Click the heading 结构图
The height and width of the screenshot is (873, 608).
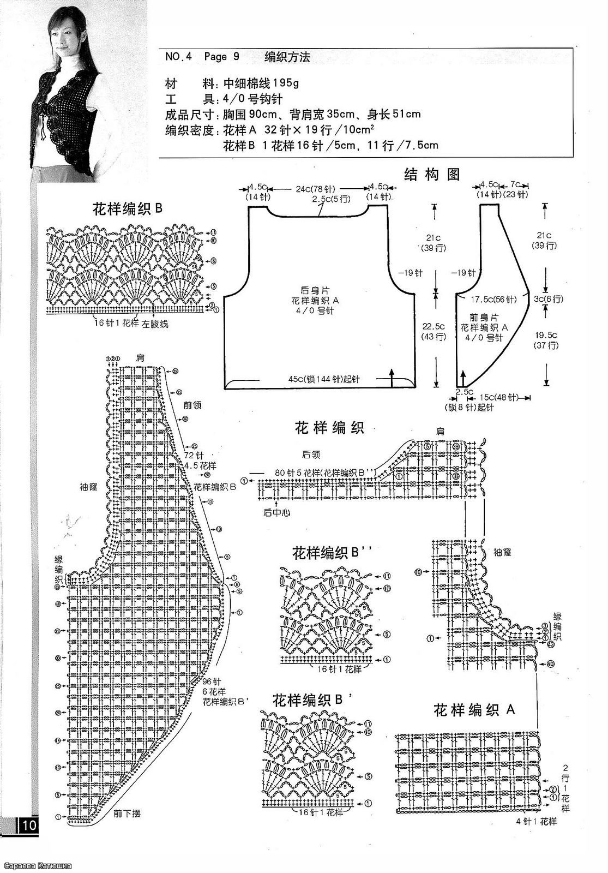pos(432,175)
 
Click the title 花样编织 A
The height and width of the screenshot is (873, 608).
pos(474,710)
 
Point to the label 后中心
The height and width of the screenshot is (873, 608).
pos(276,512)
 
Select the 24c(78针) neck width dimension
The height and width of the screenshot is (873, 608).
pos(316,189)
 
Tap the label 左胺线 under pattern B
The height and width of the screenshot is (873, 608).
pos(155,324)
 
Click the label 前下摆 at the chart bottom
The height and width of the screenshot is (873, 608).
pos(127,814)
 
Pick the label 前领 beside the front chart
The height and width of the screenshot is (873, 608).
pos(192,405)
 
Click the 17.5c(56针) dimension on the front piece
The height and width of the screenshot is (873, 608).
pos(494,299)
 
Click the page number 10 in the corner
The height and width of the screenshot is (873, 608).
pos(28,826)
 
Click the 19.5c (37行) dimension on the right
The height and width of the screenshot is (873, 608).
pos(546,340)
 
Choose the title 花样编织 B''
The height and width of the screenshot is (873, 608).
pos(332,553)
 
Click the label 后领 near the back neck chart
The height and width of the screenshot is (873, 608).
pos(311,454)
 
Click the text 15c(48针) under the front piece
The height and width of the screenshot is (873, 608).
pos(498,398)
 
